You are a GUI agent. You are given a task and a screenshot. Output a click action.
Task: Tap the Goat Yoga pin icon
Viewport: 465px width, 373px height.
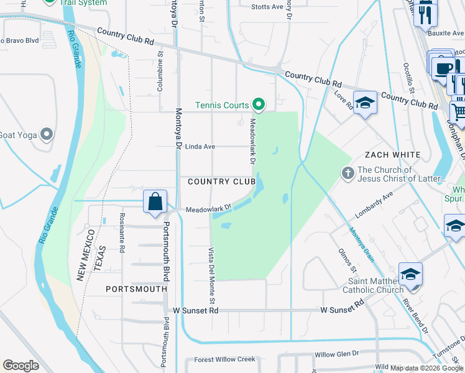click(46, 134)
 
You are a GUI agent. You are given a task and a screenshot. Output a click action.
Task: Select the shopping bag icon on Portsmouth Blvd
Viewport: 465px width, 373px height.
click(155, 202)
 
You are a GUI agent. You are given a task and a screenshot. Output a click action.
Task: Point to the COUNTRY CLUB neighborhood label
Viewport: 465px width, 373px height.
click(213, 182)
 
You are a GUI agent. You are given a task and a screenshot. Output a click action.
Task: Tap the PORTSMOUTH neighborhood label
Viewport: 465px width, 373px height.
click(136, 289)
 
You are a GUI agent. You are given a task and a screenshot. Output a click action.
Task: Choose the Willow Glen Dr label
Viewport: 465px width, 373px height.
click(337, 354)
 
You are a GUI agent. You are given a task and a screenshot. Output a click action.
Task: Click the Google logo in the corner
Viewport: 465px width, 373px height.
click(21, 366)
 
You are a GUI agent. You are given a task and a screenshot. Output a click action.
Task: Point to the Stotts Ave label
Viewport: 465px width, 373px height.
click(267, 7)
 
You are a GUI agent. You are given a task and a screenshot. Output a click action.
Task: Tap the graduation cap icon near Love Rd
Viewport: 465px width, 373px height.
click(365, 103)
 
